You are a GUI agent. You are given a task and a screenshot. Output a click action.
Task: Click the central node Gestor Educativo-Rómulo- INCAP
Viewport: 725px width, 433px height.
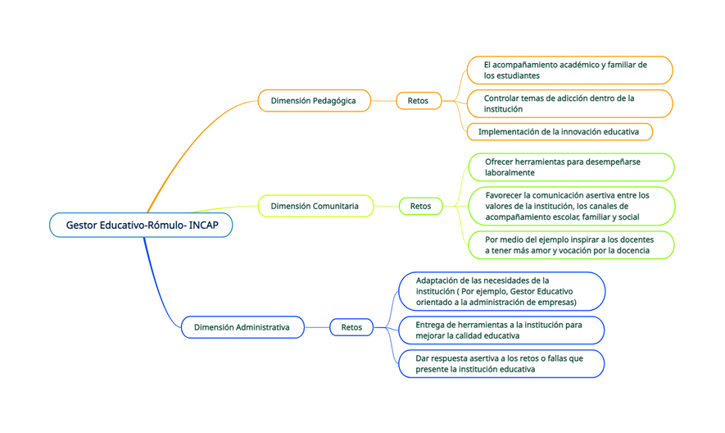tap(141, 225)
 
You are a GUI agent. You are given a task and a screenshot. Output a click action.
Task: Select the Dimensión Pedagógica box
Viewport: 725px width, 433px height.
tap(314, 101)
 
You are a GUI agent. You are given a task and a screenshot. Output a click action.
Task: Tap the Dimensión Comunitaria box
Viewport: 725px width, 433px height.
tap(315, 206)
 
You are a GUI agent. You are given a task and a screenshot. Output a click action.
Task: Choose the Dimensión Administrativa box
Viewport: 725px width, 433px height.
tap(242, 327)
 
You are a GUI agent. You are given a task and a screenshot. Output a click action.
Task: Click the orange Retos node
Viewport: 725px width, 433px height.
tap(419, 101)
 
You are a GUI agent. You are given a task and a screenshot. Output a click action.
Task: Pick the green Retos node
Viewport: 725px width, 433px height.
tap(421, 206)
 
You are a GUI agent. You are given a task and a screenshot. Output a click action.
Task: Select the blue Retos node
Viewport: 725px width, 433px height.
tap(351, 327)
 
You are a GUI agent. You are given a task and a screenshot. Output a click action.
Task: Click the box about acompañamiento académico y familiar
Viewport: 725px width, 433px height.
tap(569, 71)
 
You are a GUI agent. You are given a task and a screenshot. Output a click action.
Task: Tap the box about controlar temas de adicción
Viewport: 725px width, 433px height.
tap(569, 103)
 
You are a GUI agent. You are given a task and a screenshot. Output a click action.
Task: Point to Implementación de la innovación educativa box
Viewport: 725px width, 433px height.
tap(560, 131)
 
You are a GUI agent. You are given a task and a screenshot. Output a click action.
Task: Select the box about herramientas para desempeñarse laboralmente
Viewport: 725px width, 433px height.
tap(571, 167)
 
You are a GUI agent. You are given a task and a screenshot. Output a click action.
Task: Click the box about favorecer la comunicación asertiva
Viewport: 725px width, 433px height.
tap(572, 206)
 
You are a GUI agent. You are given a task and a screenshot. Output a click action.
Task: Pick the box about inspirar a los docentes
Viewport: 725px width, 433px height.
tap(571, 245)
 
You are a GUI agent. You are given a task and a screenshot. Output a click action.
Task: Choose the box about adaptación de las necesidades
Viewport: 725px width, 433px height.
tap(501, 291)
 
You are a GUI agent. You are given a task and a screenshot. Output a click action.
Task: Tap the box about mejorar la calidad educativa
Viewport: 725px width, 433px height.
tap(501, 330)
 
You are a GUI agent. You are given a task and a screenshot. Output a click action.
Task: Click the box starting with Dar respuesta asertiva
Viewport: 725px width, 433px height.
tap(501, 363)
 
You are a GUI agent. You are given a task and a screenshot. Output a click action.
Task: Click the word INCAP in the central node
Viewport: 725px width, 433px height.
tap(204, 225)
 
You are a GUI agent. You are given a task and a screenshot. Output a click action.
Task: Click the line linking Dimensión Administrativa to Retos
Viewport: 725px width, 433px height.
tap(317, 327)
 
